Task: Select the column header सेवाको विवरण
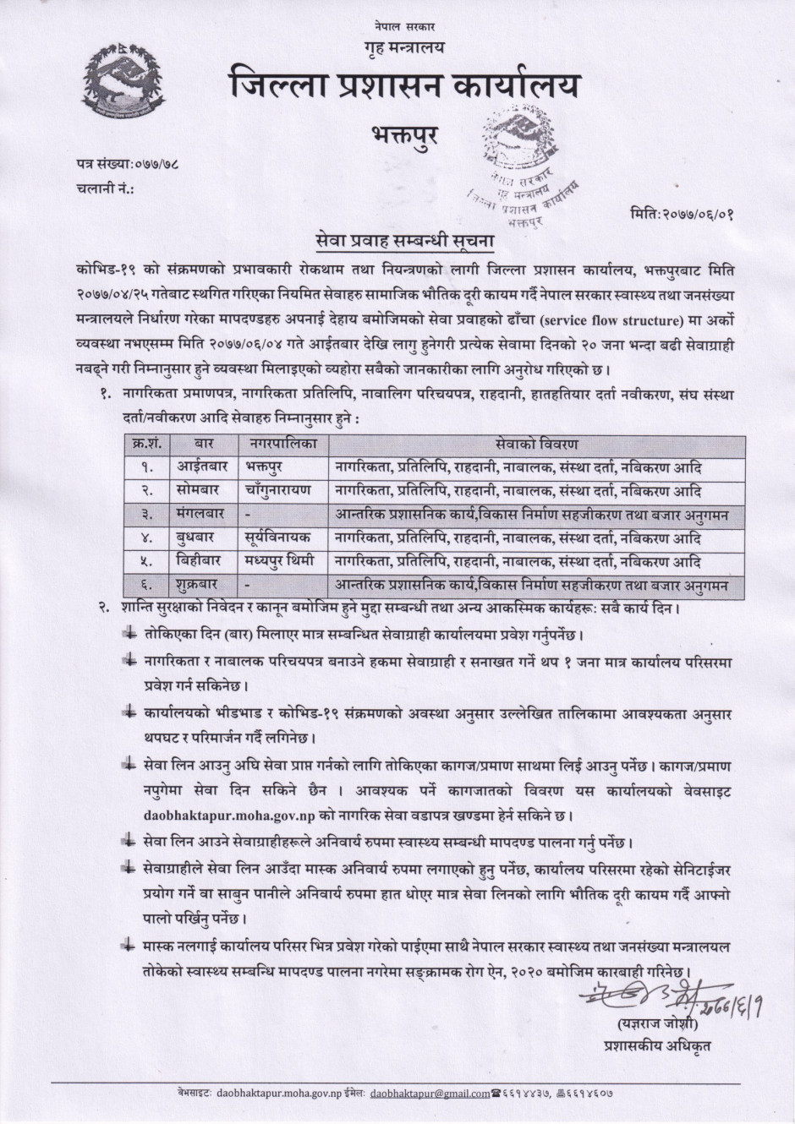(536, 443)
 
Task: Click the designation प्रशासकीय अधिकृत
(652, 1045)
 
